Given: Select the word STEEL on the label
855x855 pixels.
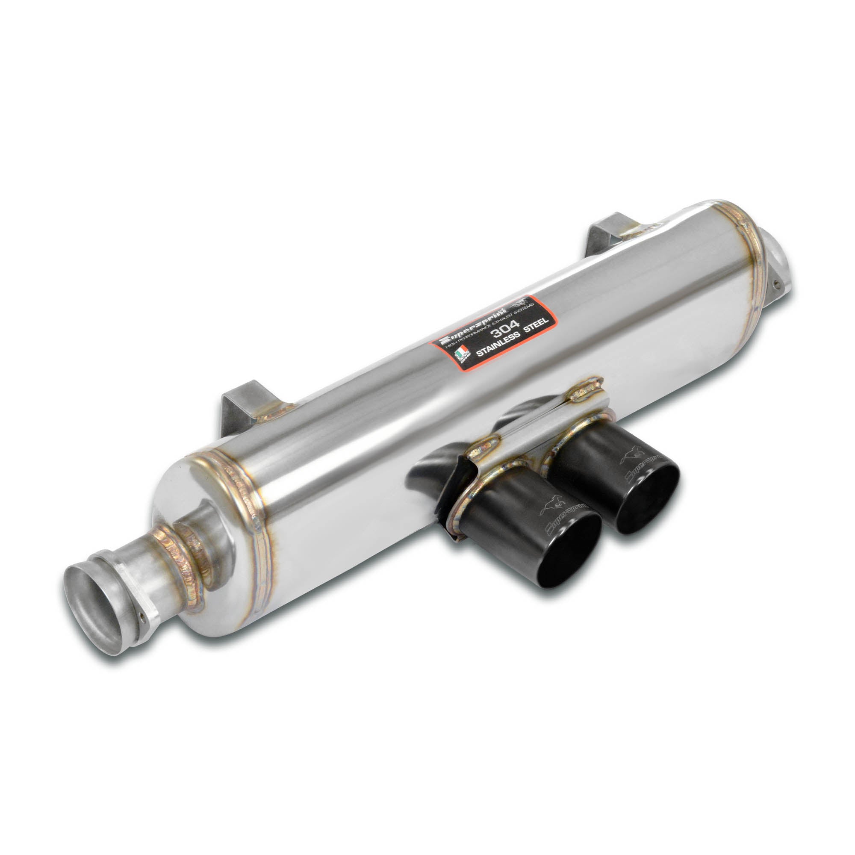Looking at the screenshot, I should pos(536,323).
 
